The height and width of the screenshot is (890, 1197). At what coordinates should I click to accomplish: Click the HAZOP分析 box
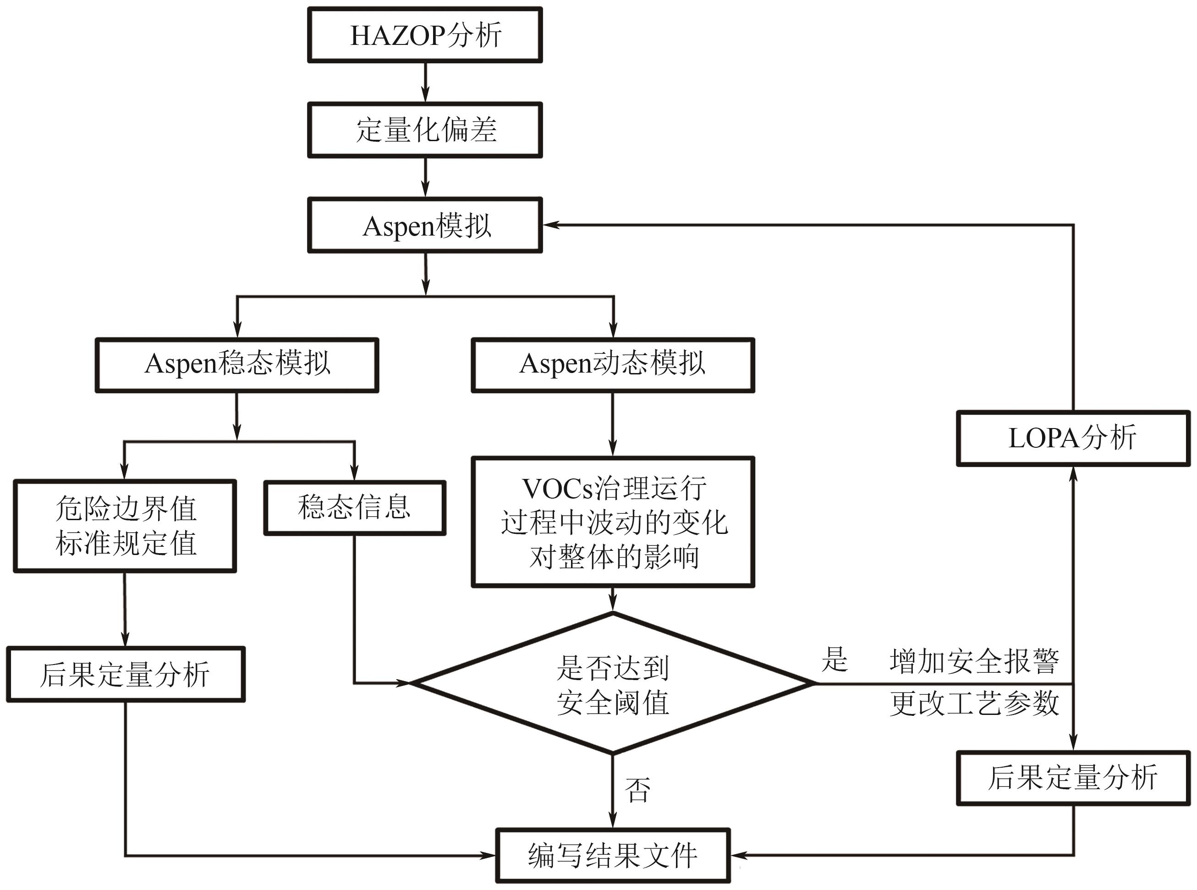(425, 35)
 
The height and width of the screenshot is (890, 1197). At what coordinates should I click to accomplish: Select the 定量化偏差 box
(425, 130)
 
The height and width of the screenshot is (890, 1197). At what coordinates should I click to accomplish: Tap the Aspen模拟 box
(425, 225)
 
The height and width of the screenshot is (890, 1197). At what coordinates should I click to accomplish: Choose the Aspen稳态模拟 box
(237, 365)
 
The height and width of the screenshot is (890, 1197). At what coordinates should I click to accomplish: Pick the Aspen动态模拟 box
(613, 365)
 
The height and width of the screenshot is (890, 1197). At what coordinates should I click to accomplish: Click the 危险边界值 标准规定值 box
(125, 526)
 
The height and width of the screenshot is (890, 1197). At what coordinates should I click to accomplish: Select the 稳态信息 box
(354, 507)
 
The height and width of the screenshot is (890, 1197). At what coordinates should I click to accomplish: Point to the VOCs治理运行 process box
(613, 522)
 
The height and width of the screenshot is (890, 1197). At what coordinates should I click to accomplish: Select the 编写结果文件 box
(613, 856)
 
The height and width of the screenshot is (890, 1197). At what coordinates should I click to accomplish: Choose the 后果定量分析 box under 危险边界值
(126, 675)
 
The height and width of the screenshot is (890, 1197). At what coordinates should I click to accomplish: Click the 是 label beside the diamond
(835, 660)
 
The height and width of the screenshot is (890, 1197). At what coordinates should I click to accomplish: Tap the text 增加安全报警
(974, 662)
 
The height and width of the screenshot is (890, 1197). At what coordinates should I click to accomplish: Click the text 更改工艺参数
(974, 703)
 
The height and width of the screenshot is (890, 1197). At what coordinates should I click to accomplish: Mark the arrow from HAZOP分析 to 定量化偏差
(426, 82)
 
